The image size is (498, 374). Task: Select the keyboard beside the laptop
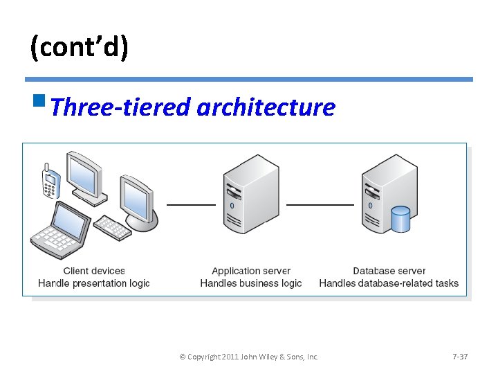112,226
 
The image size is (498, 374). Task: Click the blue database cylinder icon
400,220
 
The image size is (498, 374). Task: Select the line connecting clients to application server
191,205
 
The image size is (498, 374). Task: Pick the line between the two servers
320,205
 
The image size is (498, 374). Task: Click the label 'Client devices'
94,271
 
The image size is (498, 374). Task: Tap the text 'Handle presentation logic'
94,283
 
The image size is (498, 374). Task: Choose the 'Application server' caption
251,271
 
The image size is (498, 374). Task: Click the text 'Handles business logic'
251,283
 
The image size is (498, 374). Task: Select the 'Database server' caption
389,271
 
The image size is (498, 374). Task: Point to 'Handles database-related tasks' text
389,283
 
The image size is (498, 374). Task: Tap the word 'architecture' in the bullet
266,107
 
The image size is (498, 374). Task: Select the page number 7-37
460,357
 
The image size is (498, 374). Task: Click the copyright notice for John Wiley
248,357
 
